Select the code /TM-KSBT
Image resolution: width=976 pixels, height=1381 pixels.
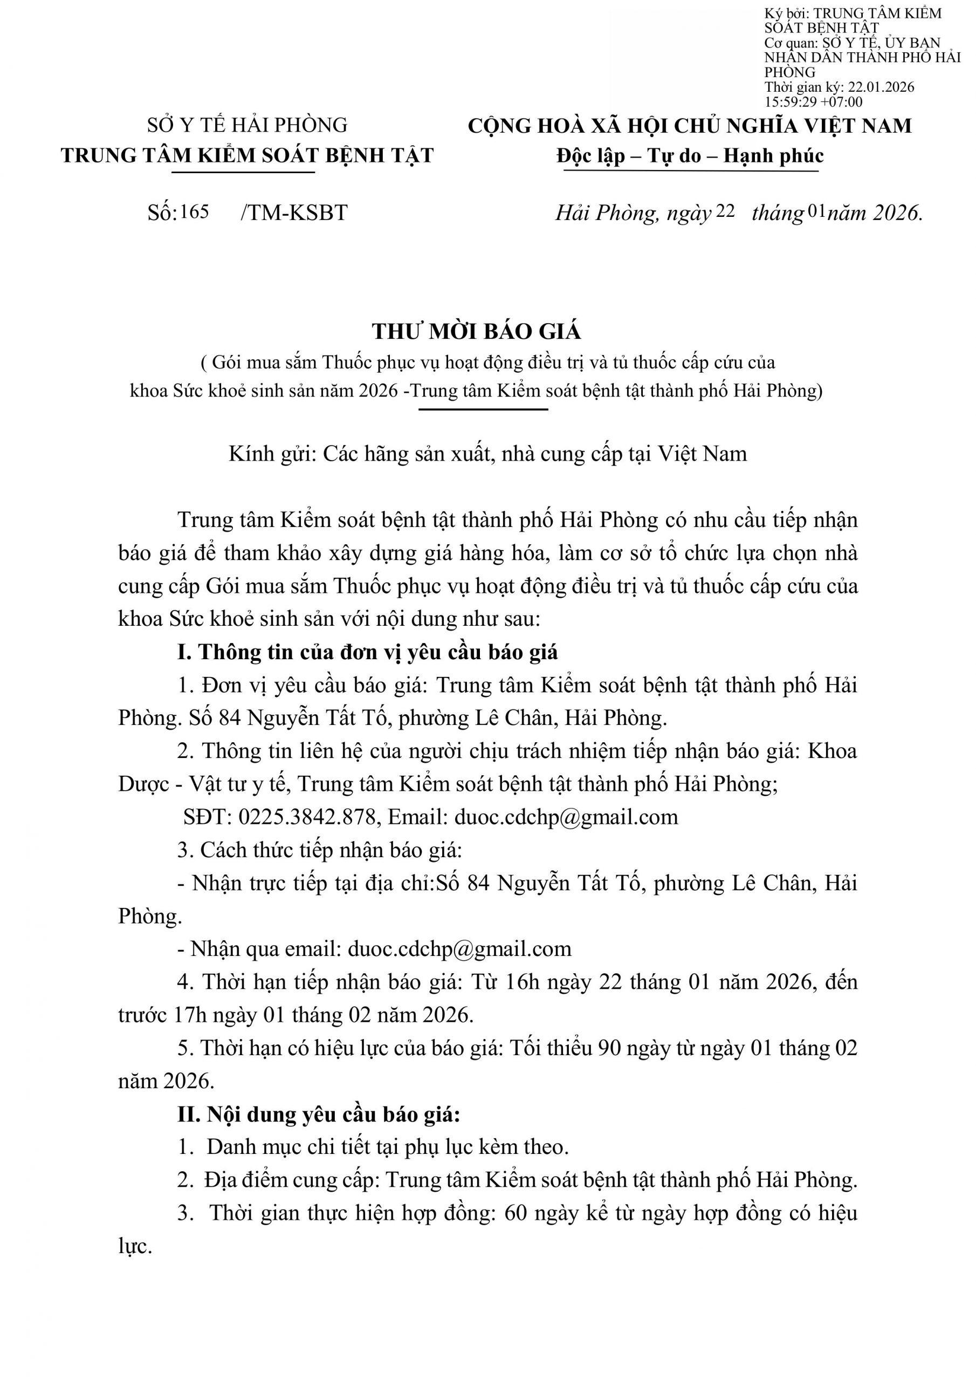pyautogui.click(x=293, y=213)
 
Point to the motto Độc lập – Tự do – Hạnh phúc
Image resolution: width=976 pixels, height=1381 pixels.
pyautogui.click(x=690, y=156)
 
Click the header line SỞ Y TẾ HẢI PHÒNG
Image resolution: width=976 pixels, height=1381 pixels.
pyautogui.click(x=247, y=125)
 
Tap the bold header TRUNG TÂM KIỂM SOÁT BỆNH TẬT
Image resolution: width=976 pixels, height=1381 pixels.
pyautogui.click(x=247, y=156)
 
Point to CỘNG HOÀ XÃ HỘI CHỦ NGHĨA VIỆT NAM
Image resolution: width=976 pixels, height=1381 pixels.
pyautogui.click(x=690, y=126)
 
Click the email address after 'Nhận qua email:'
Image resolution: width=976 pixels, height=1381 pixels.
pyautogui.click(x=459, y=949)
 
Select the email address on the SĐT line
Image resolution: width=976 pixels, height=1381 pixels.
pyautogui.click(x=567, y=817)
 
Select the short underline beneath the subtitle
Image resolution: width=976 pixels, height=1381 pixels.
pyautogui.click(x=484, y=410)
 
